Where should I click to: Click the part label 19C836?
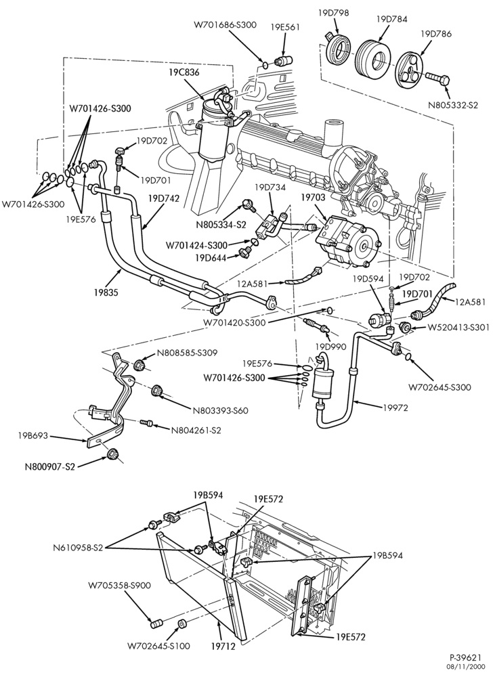(184, 73)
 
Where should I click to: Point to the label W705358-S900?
(120, 586)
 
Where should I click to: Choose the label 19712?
(223, 647)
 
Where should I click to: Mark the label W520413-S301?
(458, 328)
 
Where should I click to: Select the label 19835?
(106, 292)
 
